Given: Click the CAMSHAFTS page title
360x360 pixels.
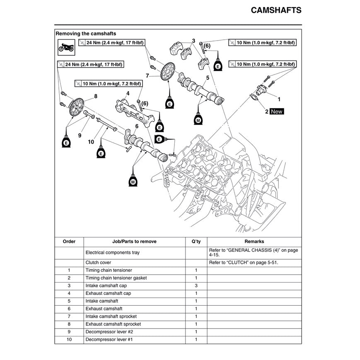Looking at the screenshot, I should (x=276, y=10).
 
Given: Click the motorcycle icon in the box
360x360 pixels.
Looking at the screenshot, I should (x=66, y=48).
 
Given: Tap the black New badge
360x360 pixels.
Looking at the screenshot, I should (x=276, y=111).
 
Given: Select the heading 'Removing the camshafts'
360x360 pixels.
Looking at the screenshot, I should (x=86, y=34).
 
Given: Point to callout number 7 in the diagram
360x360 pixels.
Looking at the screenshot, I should (x=147, y=75).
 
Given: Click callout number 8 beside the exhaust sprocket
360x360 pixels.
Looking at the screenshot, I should (x=96, y=96).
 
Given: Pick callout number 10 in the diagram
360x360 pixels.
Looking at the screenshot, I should (x=91, y=142).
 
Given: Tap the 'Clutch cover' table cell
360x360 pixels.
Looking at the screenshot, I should (x=98, y=263).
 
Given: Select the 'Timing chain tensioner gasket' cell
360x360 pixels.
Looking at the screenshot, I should (x=116, y=278).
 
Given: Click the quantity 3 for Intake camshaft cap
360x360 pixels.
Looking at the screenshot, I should (x=196, y=285).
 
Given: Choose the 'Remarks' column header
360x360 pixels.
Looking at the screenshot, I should (x=254, y=242).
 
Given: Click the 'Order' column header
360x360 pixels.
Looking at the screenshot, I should (x=69, y=242).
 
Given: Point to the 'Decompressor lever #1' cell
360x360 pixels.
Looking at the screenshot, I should (x=109, y=340).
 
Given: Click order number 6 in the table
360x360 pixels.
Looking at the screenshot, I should (x=69, y=309).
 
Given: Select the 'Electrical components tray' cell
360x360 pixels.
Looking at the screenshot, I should (x=113, y=252).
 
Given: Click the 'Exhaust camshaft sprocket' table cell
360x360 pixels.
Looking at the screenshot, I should (x=113, y=324).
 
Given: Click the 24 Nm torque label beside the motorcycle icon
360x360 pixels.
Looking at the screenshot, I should (x=111, y=43).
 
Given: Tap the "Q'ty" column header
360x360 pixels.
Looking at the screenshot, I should (x=196, y=242).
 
